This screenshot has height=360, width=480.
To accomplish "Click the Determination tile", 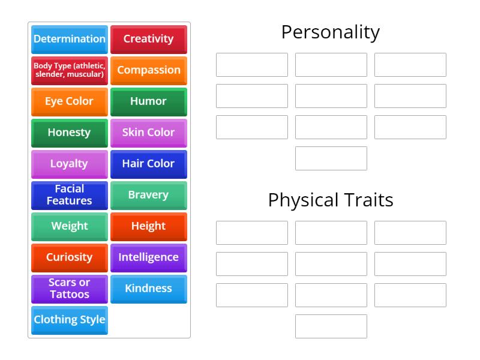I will point(70,39).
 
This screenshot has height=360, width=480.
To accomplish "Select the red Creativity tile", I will point(148,39).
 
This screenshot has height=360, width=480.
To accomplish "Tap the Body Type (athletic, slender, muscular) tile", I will point(70,70).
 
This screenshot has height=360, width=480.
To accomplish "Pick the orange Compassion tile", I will point(148,70).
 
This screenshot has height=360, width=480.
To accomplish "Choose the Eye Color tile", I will point(70,101).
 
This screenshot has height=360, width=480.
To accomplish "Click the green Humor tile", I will point(148,101).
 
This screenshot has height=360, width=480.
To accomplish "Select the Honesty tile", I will point(70,133).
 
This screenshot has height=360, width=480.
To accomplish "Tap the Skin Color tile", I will point(148,133).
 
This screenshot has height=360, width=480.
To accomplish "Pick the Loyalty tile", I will point(70,164).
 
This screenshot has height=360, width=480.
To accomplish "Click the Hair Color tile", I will point(148,164).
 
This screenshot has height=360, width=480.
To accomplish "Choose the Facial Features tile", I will point(70,195).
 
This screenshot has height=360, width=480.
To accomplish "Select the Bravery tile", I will point(148,195).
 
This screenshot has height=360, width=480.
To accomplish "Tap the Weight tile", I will point(70,226).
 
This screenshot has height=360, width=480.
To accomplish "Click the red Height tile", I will point(148,226).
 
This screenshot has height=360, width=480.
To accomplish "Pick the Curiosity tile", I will point(70,257).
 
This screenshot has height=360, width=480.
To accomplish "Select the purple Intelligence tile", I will point(148,257).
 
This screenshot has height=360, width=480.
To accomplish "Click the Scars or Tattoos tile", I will point(70,289).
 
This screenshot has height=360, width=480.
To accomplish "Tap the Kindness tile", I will point(148,289).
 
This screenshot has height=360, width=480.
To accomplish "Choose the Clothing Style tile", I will point(70,320).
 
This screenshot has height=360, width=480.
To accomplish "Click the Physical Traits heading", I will point(331,200).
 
